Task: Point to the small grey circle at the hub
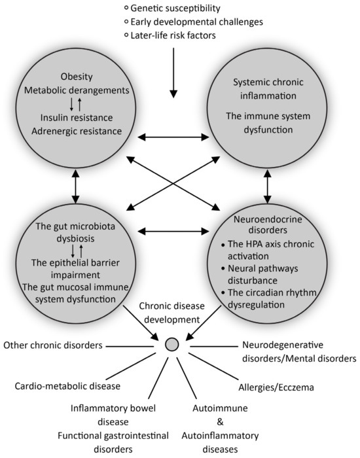pyautogui.click(x=172, y=343)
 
